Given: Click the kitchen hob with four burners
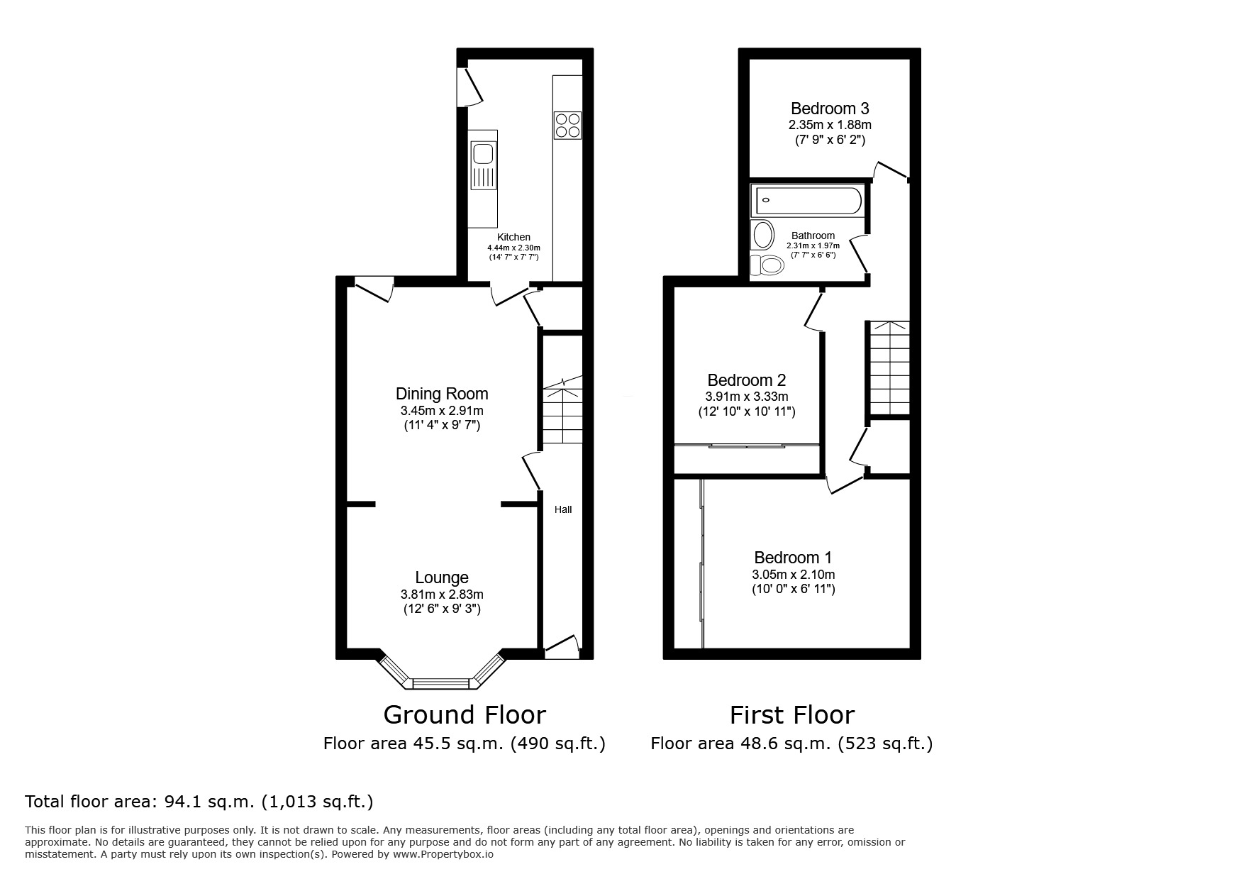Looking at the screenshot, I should pyautogui.click(x=567, y=126).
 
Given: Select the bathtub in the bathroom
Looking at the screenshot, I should pyautogui.click(x=808, y=200).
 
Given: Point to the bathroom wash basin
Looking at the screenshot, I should pyautogui.click(x=763, y=234).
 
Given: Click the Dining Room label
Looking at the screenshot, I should pyautogui.click(x=441, y=394).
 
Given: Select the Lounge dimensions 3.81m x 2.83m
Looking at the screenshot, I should pyautogui.click(x=441, y=595).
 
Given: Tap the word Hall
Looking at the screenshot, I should pyautogui.click(x=562, y=509).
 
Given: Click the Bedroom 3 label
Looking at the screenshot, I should pyautogui.click(x=829, y=109).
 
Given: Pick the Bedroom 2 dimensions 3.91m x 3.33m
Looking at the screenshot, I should pyautogui.click(x=746, y=397).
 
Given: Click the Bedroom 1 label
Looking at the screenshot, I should pyautogui.click(x=793, y=558).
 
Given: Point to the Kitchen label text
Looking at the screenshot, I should pyautogui.click(x=513, y=237).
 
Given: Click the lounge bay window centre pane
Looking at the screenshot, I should pyautogui.click(x=441, y=684).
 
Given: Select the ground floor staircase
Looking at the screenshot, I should pyautogui.click(x=562, y=415).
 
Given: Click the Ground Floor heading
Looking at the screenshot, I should pyautogui.click(x=464, y=714).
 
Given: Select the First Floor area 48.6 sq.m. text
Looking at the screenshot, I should pyautogui.click(x=791, y=743).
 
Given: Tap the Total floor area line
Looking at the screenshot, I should pyautogui.click(x=199, y=802).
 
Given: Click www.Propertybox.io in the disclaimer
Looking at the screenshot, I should pyautogui.click(x=443, y=854).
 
